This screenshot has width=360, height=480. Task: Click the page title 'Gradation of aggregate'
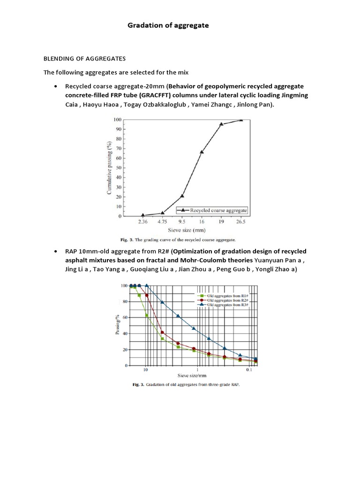coord(168,26)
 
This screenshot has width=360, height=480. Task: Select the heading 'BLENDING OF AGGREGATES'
coord(85,59)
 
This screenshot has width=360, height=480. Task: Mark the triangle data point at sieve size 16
coord(202,152)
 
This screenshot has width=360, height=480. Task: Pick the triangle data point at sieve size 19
coord(221,124)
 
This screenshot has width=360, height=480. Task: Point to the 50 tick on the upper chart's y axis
coord(119,168)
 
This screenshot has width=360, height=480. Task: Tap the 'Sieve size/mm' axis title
coord(193,375)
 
